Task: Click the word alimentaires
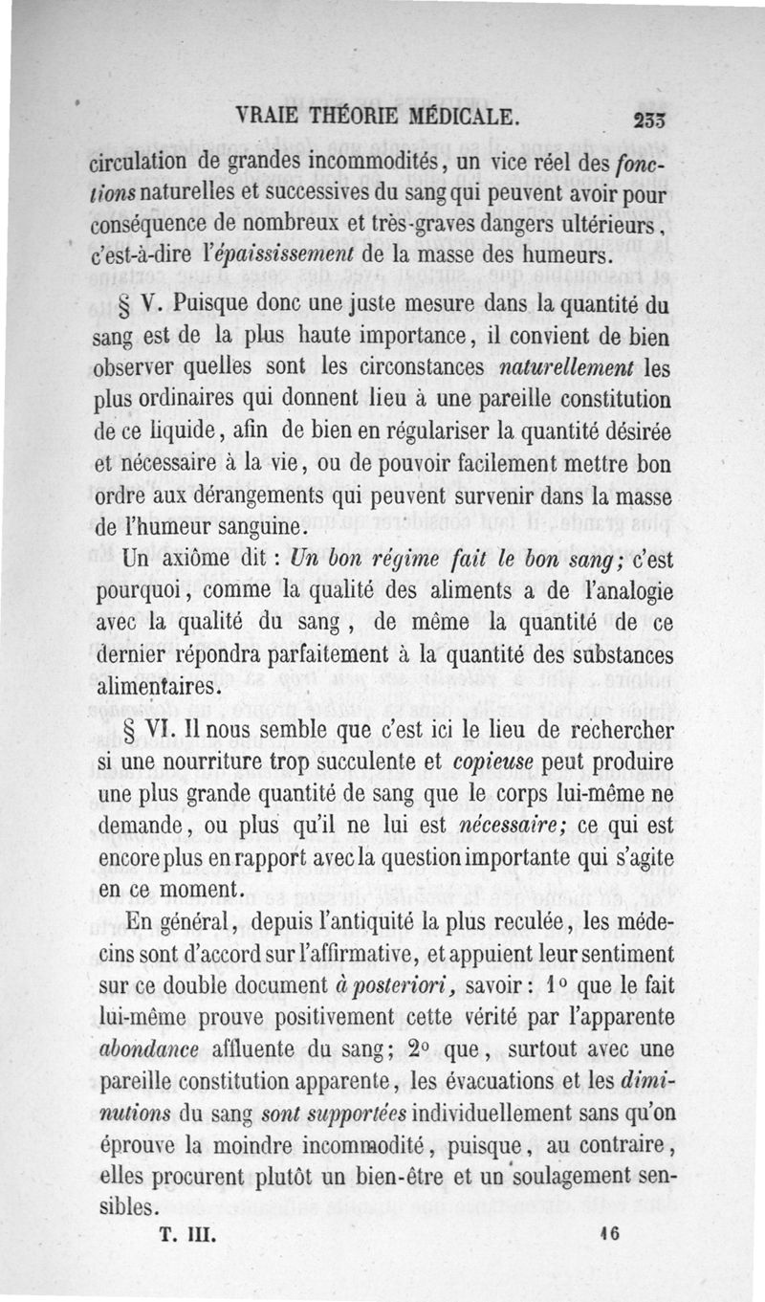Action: coord(159,687)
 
